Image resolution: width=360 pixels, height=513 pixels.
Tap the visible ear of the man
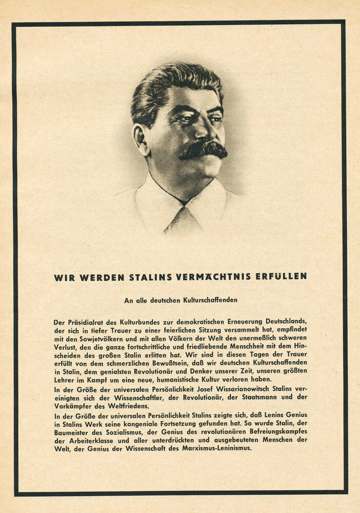tap(139, 138)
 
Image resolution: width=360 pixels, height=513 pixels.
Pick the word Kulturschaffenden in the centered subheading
tap(210, 300)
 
